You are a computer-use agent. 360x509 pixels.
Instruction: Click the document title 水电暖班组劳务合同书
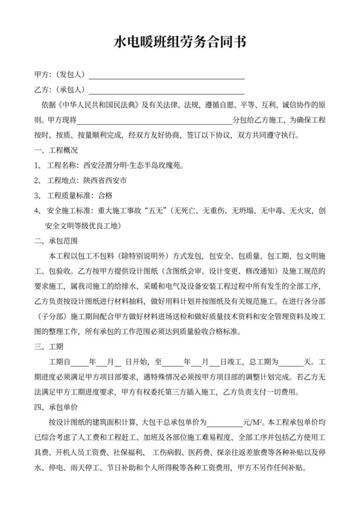(180, 43)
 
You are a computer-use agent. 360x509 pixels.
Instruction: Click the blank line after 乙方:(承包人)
(166, 90)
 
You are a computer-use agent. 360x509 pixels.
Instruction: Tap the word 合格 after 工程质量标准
(104, 196)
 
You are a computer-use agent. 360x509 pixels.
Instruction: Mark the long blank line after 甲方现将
(154, 120)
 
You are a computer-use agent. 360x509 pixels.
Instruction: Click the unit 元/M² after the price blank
(251, 424)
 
